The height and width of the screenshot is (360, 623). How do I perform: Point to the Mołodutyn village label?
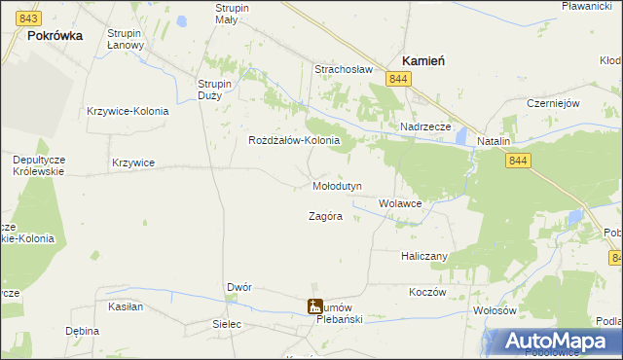click(x=337, y=186)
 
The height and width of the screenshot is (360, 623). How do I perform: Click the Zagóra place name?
click(x=325, y=217)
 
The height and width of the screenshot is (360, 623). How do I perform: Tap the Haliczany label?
click(x=423, y=256)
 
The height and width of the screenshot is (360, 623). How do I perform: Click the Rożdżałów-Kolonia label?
click(x=294, y=140)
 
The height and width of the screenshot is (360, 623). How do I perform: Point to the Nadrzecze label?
click(x=425, y=127)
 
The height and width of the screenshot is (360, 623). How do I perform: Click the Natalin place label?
click(x=494, y=141)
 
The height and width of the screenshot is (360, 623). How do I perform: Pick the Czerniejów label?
click(x=553, y=103)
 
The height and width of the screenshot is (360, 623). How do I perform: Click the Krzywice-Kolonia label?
click(x=128, y=111)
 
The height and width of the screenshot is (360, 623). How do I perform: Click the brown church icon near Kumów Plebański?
click(x=315, y=306)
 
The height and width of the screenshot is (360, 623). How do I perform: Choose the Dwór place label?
click(x=239, y=288)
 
